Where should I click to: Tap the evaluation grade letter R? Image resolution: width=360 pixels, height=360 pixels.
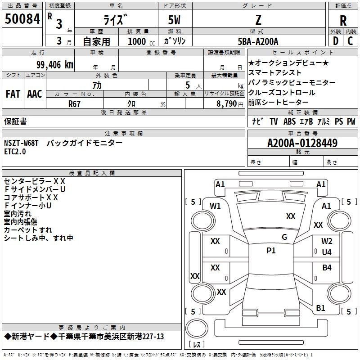pyautogui.click(x=343, y=21)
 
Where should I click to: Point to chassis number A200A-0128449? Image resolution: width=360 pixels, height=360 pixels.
pyautogui.click(x=302, y=143)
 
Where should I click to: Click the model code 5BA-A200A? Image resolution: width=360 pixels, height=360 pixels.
pyautogui.click(x=258, y=41)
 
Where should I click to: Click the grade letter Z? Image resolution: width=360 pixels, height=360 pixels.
pyautogui.click(x=258, y=20)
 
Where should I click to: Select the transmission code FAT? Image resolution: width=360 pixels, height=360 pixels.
pyautogui.click(x=13, y=94)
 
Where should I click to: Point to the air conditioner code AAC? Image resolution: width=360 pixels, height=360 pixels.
pyautogui.click(x=35, y=94)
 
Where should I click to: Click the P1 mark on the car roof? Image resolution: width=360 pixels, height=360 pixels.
pyautogui.click(x=271, y=251)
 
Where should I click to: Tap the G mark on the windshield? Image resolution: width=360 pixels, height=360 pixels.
pyautogui.click(x=284, y=237)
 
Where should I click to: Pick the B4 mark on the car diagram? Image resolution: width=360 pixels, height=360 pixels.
pyautogui.click(x=327, y=268)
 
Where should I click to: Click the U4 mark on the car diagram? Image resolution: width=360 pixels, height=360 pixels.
pyautogui.click(x=327, y=252)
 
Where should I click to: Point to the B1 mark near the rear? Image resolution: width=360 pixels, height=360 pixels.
pyautogui.click(x=320, y=308)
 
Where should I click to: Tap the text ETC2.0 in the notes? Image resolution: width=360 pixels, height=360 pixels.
pyautogui.click(x=15, y=152)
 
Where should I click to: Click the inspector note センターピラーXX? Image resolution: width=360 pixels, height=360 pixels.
pyautogui.click(x=35, y=181)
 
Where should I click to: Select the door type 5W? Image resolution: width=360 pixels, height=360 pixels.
pyautogui.click(x=175, y=20)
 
